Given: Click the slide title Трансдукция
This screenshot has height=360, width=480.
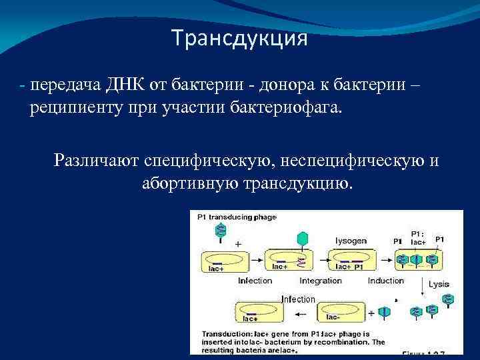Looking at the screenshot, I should click(x=239, y=39).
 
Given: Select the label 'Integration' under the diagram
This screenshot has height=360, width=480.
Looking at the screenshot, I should click(x=321, y=281).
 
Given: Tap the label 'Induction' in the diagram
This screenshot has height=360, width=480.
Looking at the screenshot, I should click(x=385, y=281).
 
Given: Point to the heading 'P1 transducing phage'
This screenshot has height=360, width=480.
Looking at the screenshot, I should click(x=233, y=217).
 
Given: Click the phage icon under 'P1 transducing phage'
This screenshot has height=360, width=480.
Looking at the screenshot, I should click(x=221, y=231).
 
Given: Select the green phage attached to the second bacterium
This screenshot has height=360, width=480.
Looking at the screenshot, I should click(x=303, y=239).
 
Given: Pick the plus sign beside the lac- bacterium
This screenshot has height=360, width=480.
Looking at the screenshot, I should click(x=372, y=311).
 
